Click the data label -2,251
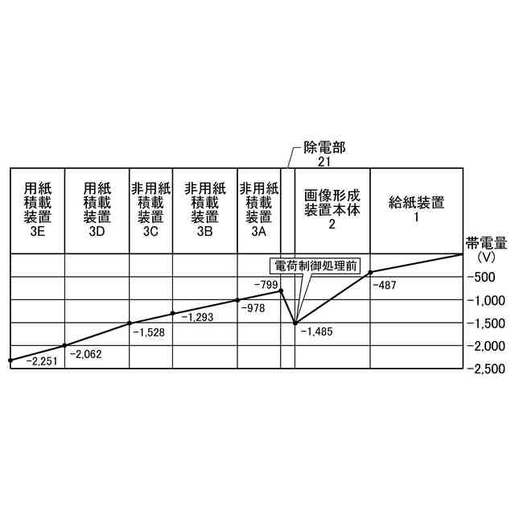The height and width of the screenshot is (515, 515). click(42, 362)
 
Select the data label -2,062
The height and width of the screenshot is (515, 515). click(86, 353)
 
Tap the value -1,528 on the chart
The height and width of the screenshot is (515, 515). click(147, 332)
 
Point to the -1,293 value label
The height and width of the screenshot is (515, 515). click(198, 317)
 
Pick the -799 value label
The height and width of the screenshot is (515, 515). click(266, 285)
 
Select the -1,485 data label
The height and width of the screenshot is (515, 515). click(316, 331)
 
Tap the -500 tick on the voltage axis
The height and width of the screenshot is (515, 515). click(484, 277)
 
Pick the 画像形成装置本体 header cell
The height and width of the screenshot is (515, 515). click(332, 210)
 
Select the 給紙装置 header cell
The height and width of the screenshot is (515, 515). click(416, 209)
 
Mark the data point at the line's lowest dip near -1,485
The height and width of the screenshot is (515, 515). click(295, 323)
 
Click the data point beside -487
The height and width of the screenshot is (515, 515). click(370, 272)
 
